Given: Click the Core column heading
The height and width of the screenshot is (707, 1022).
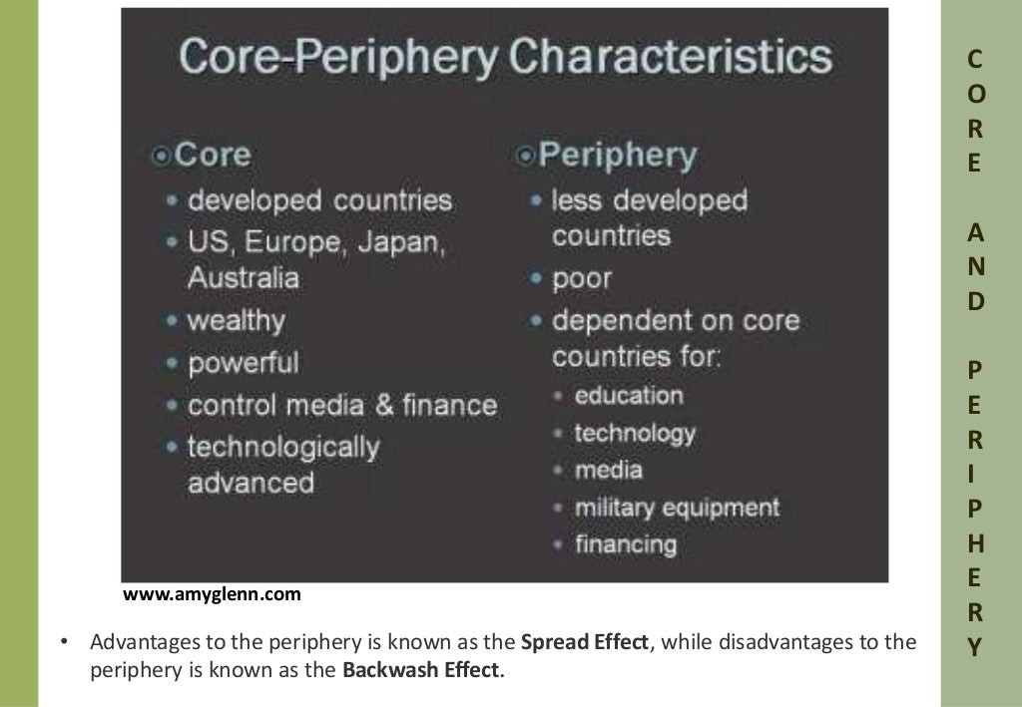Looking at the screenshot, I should [212, 155].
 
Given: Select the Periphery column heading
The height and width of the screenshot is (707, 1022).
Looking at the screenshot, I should [617, 156].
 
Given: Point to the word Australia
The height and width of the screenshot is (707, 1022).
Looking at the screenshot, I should [244, 277].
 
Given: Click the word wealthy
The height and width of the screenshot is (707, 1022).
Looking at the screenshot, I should [237, 321].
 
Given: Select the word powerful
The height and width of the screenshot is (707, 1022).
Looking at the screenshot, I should [243, 362].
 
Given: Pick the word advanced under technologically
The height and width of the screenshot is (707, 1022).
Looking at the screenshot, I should [251, 483].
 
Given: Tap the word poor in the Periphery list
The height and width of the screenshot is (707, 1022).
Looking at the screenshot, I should [582, 278].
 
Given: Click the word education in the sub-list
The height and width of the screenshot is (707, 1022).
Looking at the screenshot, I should [629, 395].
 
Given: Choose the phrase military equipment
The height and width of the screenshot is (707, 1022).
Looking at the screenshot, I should [677, 507].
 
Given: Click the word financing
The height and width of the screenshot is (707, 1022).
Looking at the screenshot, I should [626, 544].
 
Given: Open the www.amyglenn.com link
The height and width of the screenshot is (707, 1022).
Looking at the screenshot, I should [212, 595].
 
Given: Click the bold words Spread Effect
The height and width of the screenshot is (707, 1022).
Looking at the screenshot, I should [585, 642].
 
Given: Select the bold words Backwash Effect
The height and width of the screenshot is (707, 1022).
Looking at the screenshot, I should [423, 669].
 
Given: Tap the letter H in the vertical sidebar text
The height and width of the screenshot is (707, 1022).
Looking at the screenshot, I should [975, 543].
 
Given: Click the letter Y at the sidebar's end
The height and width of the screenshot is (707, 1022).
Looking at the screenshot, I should [975, 646].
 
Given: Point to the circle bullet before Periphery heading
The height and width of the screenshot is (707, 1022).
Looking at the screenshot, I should [526, 156].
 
